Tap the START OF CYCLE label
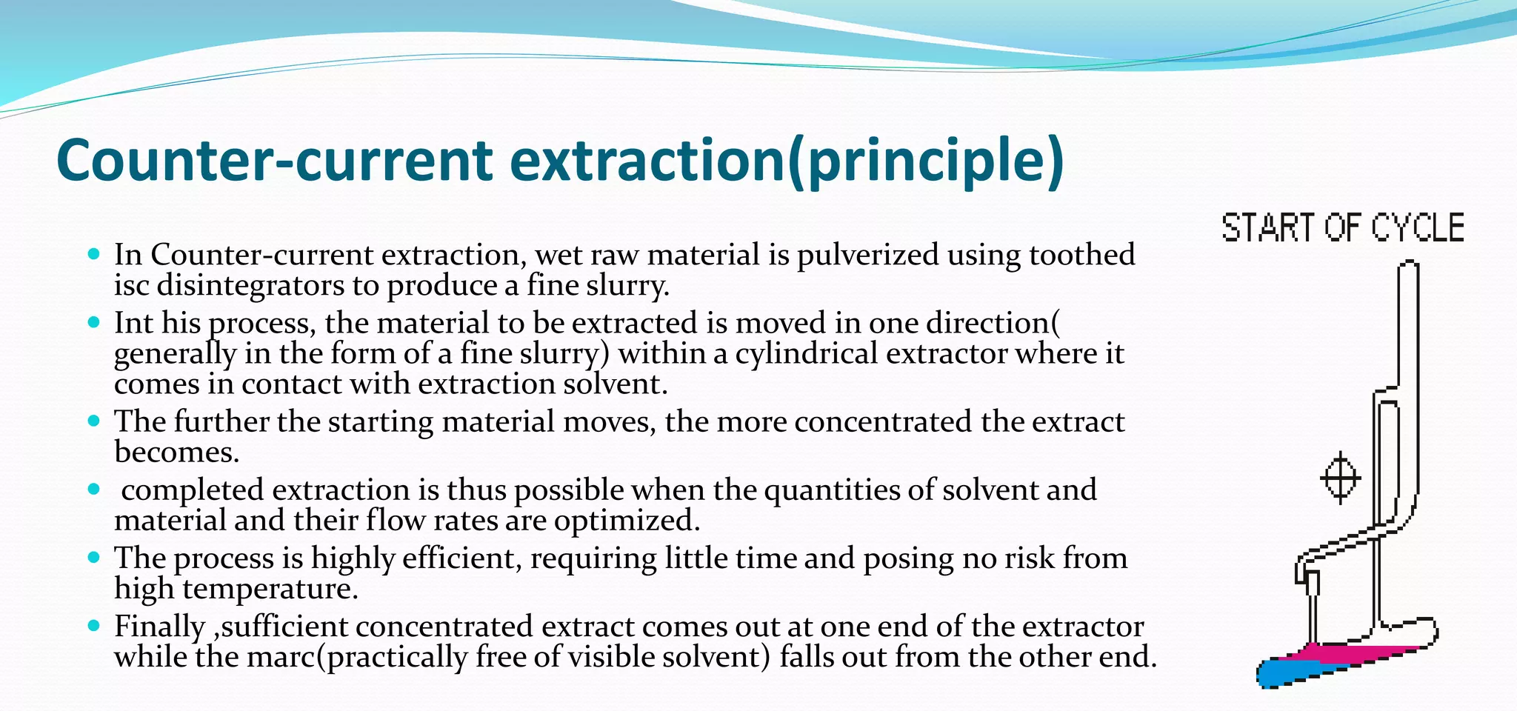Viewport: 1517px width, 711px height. click(x=1342, y=227)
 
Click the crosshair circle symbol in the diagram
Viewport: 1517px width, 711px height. click(x=1341, y=478)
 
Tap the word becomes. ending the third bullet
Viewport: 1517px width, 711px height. click(x=176, y=452)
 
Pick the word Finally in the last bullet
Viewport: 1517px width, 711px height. click(x=159, y=627)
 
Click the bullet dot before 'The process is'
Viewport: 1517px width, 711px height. click(x=93, y=558)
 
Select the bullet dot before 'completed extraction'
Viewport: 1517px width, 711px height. click(x=93, y=490)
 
